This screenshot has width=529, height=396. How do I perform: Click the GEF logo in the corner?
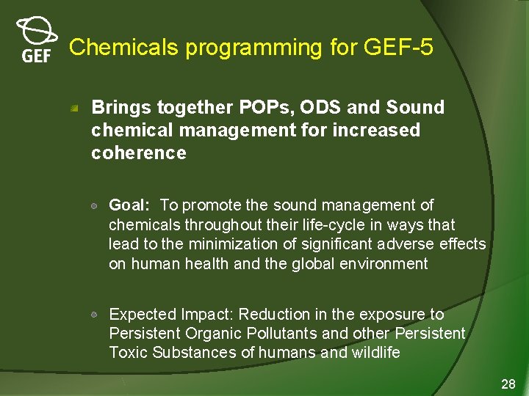[36, 40]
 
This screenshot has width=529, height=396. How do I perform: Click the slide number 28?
[508, 384]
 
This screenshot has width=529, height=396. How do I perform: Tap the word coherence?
[139, 153]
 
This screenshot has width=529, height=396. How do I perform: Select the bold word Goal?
[131, 205]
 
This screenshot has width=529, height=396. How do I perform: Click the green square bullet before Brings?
[75, 108]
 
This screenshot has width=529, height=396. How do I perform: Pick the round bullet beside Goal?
[96, 205]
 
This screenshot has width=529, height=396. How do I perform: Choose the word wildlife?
[374, 353]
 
